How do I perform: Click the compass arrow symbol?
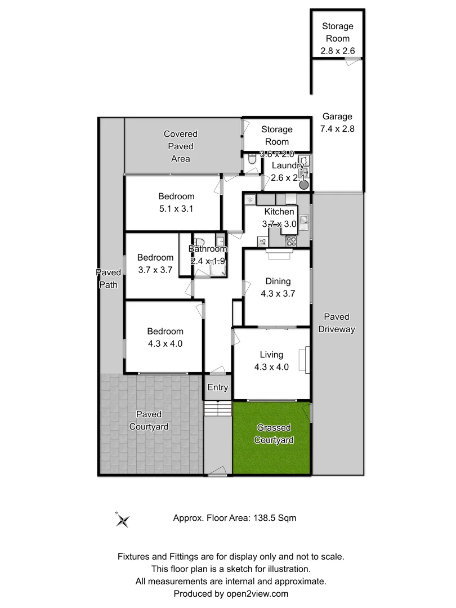122,520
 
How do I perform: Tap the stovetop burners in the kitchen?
292,242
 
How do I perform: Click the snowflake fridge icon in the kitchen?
250,199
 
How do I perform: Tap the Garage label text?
337,117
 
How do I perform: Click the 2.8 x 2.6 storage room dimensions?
337,51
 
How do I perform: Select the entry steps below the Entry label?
217,408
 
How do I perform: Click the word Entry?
217,387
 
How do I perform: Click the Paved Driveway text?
337,323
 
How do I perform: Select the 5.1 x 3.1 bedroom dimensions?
176,209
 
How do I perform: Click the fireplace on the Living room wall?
305,360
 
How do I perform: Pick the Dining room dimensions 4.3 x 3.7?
278,293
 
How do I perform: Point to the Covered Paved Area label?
180,146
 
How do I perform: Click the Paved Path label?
108,279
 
